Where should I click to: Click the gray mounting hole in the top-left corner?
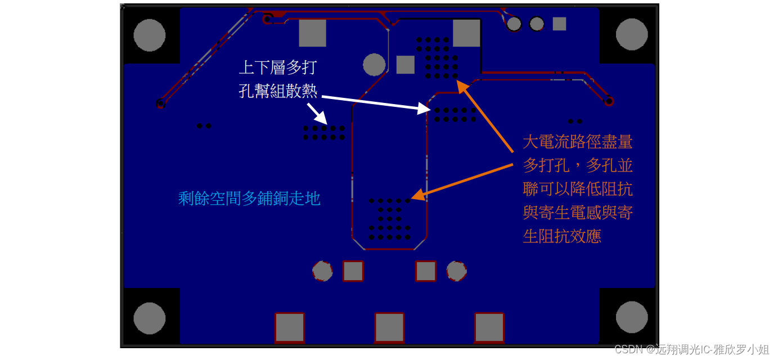[150, 35]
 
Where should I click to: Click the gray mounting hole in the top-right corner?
[632, 34]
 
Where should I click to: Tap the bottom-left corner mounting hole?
[150, 318]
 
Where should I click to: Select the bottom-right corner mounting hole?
[632, 317]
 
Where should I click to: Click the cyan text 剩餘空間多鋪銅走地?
[249, 198]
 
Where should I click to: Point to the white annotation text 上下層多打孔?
[278, 67]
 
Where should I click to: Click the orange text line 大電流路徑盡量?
[578, 142]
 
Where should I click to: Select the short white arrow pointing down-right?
[317, 113]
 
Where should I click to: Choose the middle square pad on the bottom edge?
[389, 327]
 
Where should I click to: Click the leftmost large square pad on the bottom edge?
[290, 327]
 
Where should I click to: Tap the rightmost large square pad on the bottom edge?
[489, 327]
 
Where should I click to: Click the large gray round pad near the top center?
[374, 65]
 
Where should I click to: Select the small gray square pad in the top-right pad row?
[559, 24]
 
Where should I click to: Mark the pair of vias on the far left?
[204, 126]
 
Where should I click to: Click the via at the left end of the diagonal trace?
[160, 103]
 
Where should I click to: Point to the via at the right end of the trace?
[609, 101]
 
